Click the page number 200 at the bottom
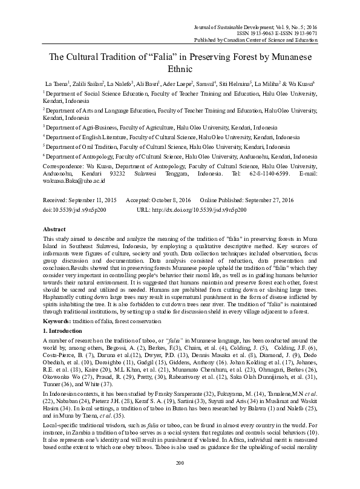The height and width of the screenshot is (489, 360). (x=179, y=480)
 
